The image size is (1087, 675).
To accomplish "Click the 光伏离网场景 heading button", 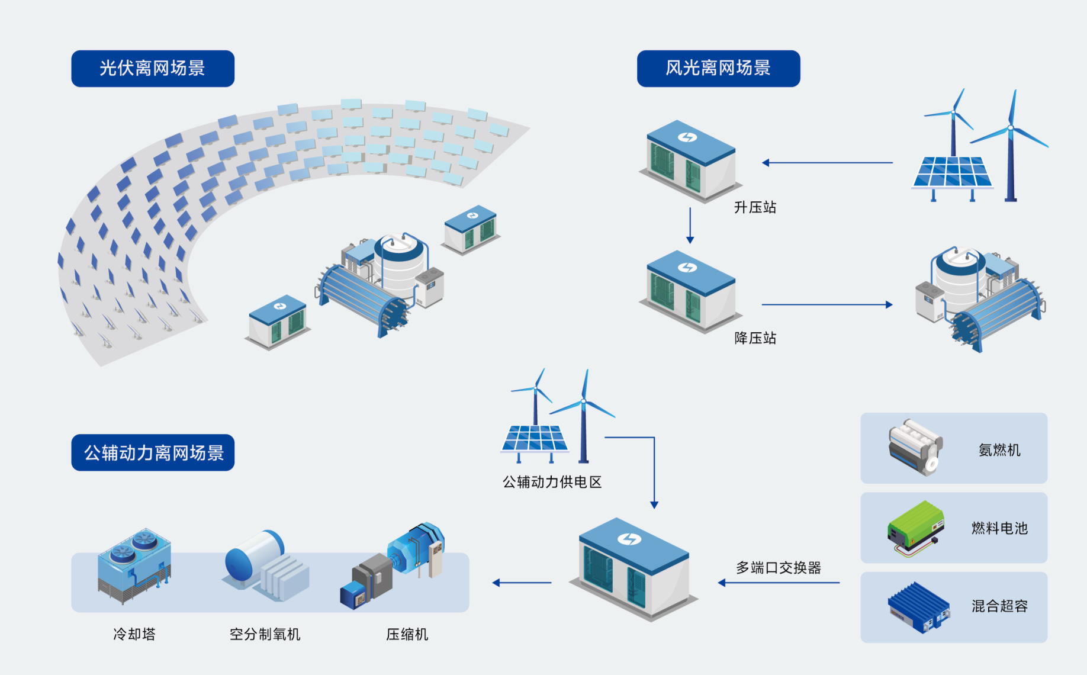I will click(x=153, y=69).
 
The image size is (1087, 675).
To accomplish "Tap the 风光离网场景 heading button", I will click(x=718, y=69).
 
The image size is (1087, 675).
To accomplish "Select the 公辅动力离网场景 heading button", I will click(x=153, y=453).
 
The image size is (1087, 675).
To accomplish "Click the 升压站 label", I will click(x=755, y=207).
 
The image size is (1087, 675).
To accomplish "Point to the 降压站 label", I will click(x=755, y=338).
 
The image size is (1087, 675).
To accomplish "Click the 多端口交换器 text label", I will click(x=778, y=568).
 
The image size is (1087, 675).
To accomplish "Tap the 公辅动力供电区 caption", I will click(x=552, y=482).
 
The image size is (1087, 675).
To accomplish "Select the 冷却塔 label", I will click(x=134, y=634).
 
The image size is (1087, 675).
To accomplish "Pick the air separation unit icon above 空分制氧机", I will click(x=266, y=565).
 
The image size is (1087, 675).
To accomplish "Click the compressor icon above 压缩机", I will click(x=394, y=565).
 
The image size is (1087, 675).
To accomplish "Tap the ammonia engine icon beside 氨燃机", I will click(x=915, y=447).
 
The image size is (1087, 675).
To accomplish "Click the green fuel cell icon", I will click(x=915, y=527).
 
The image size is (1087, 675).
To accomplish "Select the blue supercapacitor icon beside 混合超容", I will click(x=918, y=607).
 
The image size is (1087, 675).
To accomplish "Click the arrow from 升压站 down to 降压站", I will click(x=690, y=225).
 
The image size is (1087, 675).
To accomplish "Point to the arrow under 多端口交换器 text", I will click(x=779, y=583).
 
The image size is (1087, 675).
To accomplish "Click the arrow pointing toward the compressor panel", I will click(x=522, y=583).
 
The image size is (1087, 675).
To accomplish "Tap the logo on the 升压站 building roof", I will click(x=687, y=137).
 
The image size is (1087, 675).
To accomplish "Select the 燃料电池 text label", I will click(x=999, y=528).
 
